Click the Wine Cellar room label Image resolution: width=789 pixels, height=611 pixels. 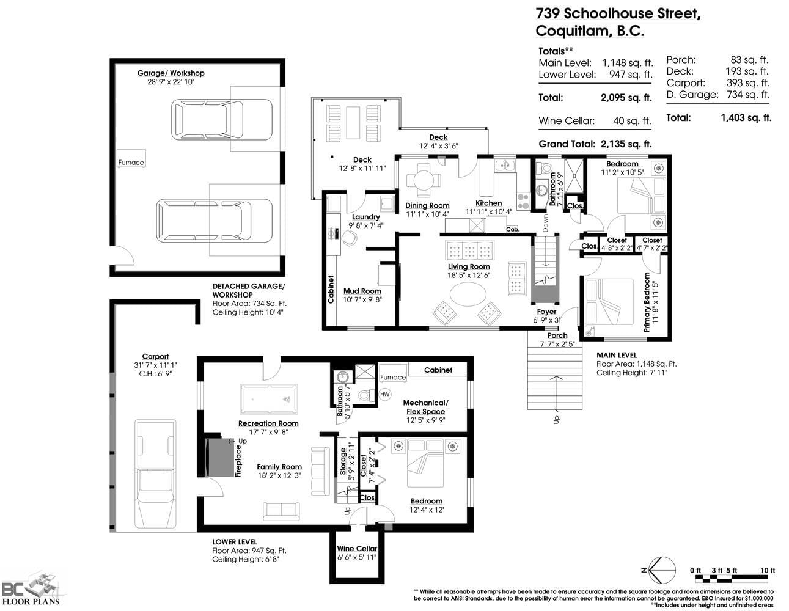(x=357, y=549)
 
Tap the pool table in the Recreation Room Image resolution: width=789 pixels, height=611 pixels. (x=268, y=399)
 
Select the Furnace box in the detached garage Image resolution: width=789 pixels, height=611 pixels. (x=131, y=159)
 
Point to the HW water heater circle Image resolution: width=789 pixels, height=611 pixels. (x=385, y=394)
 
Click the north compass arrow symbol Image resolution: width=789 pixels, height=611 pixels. (x=661, y=570)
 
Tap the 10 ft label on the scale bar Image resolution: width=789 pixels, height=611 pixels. (x=768, y=570)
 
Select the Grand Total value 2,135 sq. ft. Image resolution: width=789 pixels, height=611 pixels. (x=626, y=144)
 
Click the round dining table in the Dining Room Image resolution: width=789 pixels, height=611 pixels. (x=424, y=180)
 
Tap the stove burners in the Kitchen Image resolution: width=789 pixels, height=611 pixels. (x=523, y=202)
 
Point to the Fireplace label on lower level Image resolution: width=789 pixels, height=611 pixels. (x=238, y=461)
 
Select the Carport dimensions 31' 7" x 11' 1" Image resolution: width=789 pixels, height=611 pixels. (x=155, y=365)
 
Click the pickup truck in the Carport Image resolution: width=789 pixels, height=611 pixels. (x=155, y=474)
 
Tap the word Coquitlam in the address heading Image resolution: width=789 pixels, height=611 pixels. (x=572, y=31)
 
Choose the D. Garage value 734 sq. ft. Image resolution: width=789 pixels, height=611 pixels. (x=748, y=95)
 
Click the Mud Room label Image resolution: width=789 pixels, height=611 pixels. (x=362, y=291)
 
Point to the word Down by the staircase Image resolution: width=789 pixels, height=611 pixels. (x=545, y=223)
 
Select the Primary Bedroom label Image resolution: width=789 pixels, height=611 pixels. (x=647, y=302)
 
